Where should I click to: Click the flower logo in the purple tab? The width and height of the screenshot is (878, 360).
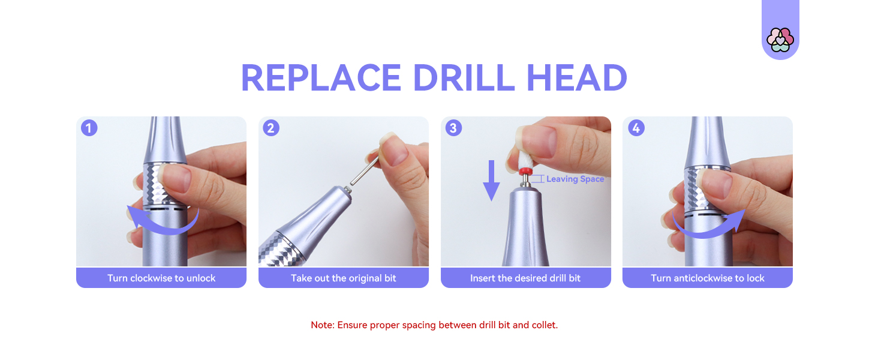[780, 40]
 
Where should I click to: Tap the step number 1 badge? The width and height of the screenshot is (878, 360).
[89, 128]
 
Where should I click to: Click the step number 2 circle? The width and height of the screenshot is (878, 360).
[271, 128]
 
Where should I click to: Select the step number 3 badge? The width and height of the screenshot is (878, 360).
[453, 128]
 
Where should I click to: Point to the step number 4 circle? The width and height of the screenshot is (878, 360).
[636, 128]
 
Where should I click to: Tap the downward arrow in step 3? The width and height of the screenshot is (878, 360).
[491, 181]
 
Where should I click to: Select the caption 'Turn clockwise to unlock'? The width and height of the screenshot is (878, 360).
[161, 278]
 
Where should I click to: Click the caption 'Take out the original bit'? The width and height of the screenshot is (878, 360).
[344, 278]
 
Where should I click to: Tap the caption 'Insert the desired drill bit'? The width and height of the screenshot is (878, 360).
[525, 278]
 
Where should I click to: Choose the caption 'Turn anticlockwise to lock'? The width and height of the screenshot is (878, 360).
[708, 278]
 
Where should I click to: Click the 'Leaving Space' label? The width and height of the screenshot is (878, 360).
[575, 179]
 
